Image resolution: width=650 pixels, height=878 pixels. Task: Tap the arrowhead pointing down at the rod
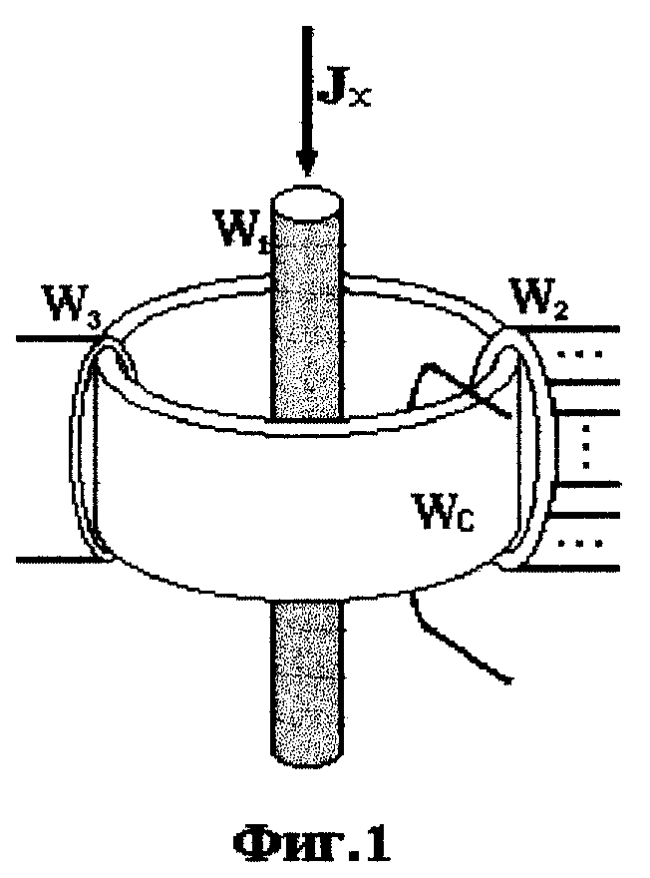(306, 163)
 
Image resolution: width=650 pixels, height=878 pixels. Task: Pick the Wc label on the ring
(444, 511)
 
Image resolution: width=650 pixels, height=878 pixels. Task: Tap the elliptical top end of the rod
(306, 203)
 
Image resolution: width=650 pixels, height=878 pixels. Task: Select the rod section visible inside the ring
(307, 347)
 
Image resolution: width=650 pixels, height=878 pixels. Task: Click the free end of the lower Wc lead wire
(509, 679)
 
